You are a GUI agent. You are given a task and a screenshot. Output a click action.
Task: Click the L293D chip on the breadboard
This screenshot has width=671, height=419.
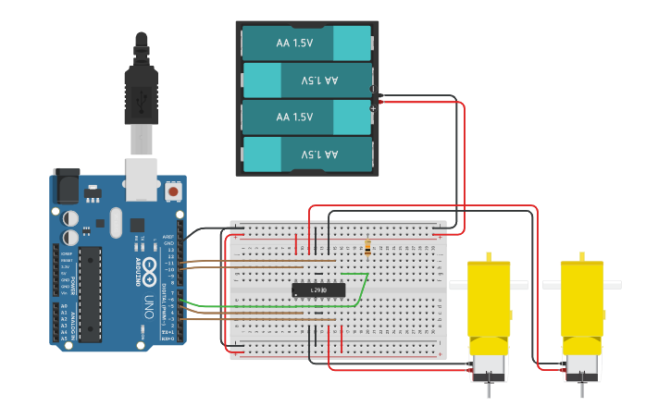point(318,290)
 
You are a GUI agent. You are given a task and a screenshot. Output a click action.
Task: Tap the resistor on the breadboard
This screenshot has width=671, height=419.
point(367,247)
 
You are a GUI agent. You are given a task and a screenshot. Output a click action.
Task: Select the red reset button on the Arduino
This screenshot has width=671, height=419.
point(173,192)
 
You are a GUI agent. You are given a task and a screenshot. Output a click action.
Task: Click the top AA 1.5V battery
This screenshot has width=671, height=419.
point(306,43)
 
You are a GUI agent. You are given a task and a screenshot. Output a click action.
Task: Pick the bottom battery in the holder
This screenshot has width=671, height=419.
point(306,154)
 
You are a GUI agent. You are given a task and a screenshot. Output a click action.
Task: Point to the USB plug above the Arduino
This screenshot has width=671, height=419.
point(141,92)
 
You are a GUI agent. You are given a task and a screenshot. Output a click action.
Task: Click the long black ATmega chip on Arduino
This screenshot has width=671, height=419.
point(90,294)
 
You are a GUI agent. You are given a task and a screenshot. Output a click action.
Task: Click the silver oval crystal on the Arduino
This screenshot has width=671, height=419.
point(115,222)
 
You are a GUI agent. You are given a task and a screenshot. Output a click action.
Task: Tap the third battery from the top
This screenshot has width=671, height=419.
point(306,117)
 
